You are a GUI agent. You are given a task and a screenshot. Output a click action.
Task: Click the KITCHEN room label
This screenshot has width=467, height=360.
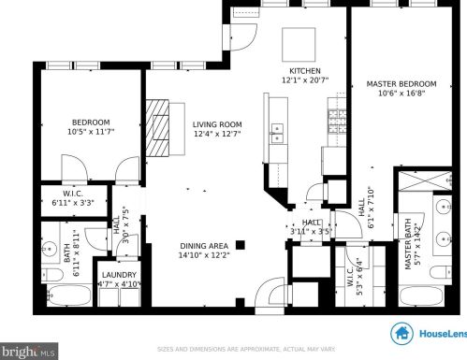305,71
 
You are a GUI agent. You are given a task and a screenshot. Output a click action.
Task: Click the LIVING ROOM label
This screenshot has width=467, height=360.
217,124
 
